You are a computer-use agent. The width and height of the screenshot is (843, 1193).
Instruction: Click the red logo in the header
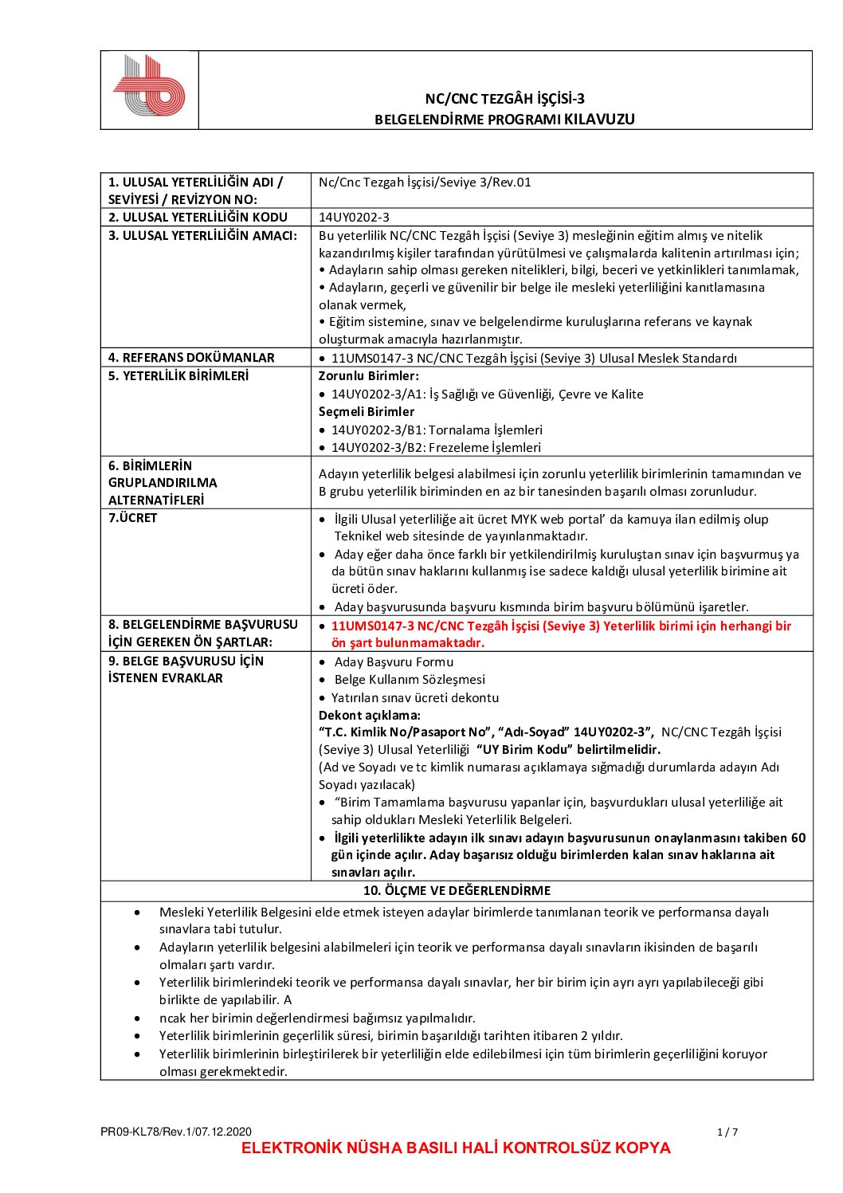[149, 87]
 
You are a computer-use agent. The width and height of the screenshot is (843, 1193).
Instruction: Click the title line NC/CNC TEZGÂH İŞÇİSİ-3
[504, 99]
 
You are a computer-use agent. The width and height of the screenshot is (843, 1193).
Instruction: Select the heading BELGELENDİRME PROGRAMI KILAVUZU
[504, 120]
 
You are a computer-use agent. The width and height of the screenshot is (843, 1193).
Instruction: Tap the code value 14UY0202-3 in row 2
[354, 218]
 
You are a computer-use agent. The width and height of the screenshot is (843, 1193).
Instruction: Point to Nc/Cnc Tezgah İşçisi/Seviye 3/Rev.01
[425, 182]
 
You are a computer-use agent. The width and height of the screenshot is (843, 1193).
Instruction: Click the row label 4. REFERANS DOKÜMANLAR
[191, 358]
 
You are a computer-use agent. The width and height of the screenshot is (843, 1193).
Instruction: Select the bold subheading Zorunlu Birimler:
[368, 376]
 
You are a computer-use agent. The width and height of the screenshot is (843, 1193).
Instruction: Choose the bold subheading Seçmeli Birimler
[367, 412]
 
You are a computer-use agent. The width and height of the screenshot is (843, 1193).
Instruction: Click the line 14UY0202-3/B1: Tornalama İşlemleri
[437, 430]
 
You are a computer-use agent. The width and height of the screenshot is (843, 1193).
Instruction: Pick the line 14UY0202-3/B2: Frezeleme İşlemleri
[436, 448]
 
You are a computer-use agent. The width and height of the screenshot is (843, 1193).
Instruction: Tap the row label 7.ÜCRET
[133, 518]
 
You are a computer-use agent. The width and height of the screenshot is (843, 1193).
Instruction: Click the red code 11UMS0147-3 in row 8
[371, 626]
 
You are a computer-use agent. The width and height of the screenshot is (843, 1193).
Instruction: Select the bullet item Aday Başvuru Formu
[394, 662]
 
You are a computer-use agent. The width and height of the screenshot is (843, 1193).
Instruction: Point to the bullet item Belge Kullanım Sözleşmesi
[410, 680]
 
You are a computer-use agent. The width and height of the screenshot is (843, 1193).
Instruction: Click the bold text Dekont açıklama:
[370, 716]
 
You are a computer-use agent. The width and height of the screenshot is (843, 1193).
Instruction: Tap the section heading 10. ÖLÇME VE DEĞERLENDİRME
[457, 891]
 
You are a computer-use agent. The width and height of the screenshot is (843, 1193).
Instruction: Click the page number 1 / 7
[727, 1132]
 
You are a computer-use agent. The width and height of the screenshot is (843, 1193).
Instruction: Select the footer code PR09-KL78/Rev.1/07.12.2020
[176, 1132]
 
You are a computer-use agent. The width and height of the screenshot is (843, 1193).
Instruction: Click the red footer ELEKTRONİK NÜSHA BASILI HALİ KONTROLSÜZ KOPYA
[456, 1148]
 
